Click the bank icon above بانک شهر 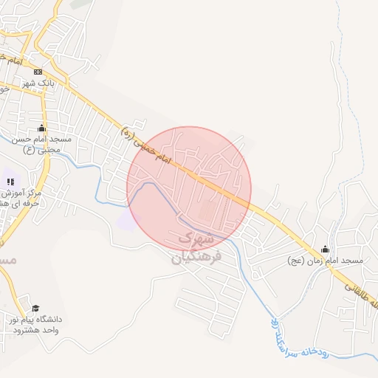point(38,72)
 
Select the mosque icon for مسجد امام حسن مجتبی point(41,128)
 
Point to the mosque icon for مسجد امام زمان point(326,250)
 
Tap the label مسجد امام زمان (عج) point(325,261)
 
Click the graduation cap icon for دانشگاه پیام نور point(35,309)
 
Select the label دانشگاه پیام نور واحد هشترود point(35,324)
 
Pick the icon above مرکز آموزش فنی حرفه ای point(10,181)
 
